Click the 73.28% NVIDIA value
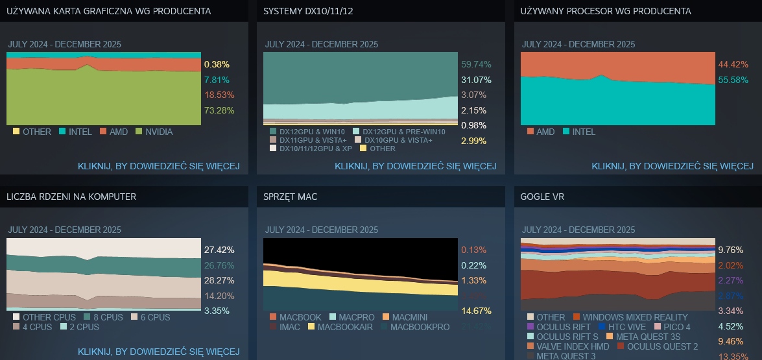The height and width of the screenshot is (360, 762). [x=219, y=110]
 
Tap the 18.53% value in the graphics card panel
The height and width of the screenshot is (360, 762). [x=219, y=95]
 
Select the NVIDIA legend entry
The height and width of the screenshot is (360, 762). [x=159, y=132]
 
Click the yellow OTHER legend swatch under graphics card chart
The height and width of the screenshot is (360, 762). [x=16, y=132]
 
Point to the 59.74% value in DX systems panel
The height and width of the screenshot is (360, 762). [x=476, y=64]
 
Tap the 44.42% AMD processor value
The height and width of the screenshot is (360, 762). [x=733, y=64]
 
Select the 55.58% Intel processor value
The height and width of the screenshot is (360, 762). [x=733, y=80]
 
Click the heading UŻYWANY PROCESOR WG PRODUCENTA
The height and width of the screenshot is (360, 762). [x=606, y=11]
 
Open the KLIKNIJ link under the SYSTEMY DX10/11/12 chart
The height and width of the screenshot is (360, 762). [x=415, y=166]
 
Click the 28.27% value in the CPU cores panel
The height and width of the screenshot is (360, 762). [x=219, y=280]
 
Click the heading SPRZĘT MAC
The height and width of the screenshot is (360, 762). [x=291, y=197]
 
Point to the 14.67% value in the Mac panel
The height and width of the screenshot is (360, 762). [x=476, y=311]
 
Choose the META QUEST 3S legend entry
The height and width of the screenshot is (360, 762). [x=647, y=337]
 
